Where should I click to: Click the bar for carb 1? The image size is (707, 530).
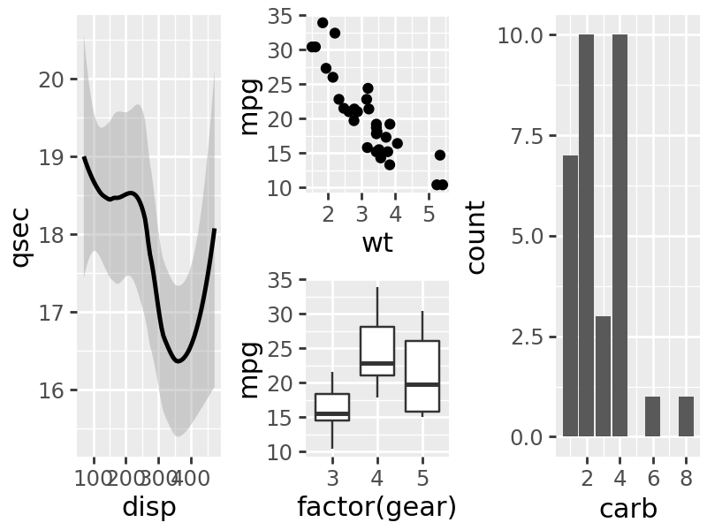[570, 296]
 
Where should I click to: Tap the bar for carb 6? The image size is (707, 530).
[652, 416]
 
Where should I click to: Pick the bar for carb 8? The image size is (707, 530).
[686, 416]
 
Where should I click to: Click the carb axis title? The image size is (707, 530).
[627, 509]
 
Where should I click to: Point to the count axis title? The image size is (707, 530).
[476, 237]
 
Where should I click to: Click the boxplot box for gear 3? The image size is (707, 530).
[332, 407]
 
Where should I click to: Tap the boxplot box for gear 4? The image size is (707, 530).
[377, 352]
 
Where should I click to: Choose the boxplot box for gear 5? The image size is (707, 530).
[422, 376]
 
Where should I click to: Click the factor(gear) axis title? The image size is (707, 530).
[377, 507]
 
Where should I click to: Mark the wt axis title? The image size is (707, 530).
[377, 243]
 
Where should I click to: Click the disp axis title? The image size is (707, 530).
[148, 507]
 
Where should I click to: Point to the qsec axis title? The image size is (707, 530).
[20, 237]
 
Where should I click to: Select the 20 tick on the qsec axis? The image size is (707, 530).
[52, 79]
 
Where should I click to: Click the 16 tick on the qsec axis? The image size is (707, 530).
[52, 390]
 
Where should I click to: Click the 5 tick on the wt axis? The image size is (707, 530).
[429, 215]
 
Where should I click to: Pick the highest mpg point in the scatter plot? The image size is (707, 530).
[323, 23]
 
